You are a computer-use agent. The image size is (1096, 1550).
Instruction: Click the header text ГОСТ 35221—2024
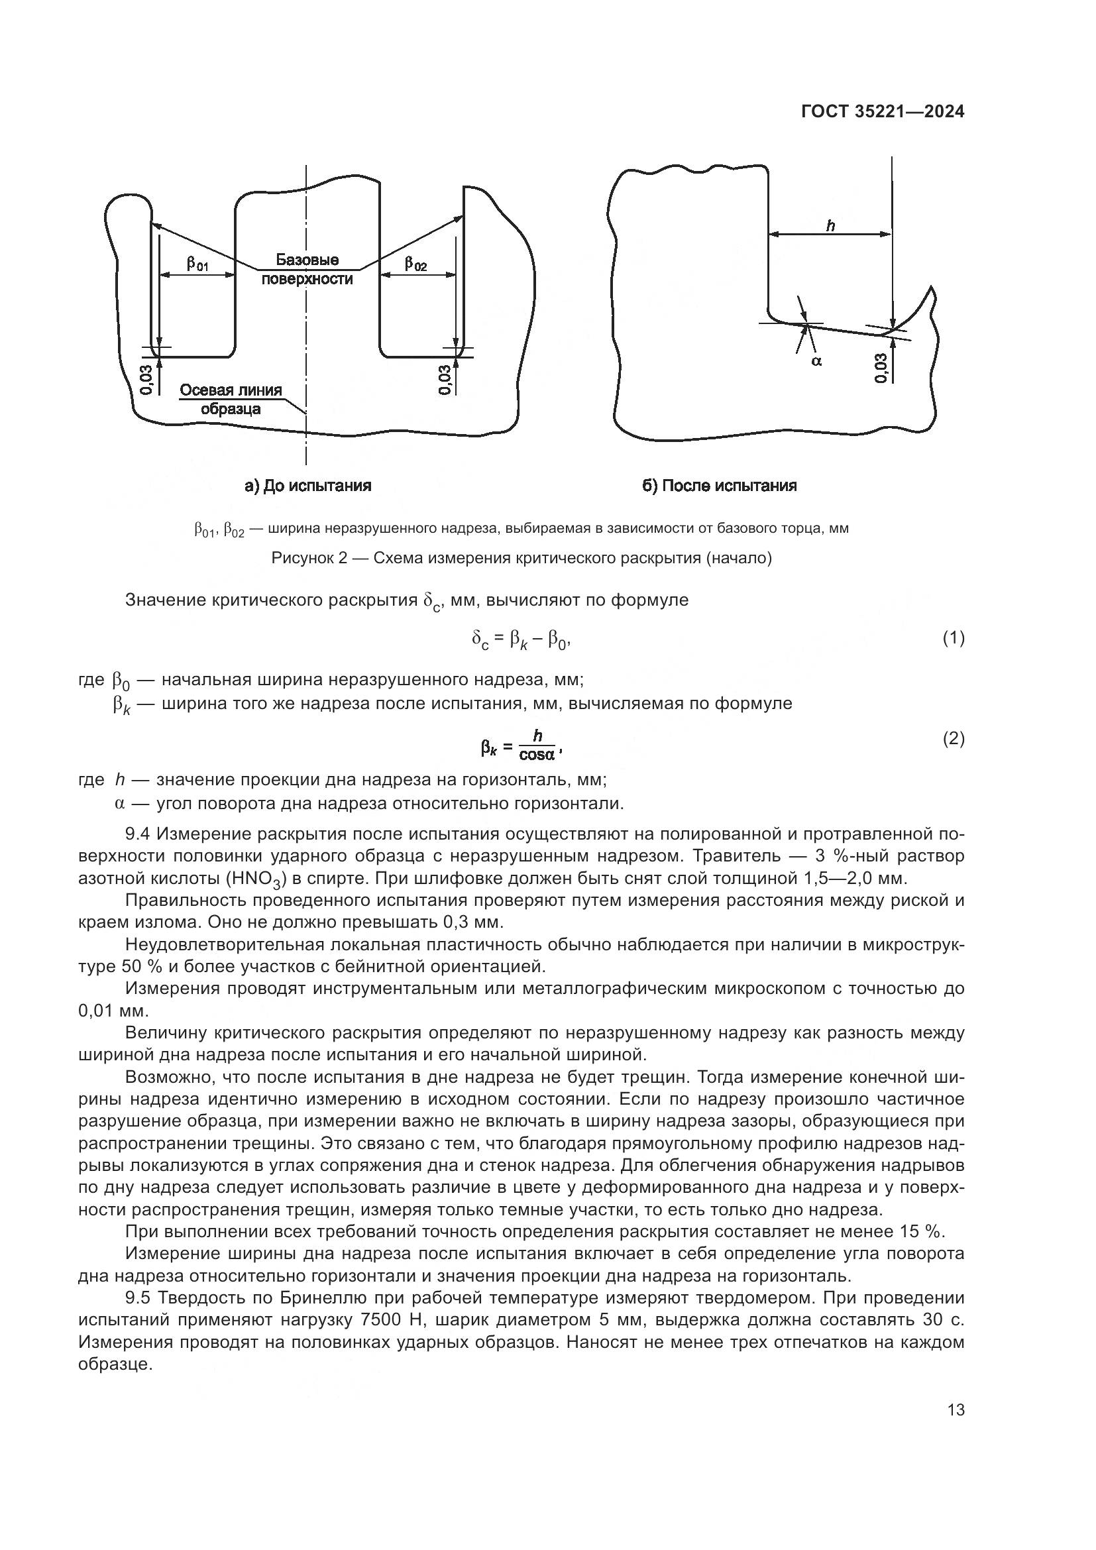click(883, 112)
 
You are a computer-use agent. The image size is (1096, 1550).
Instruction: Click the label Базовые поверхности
click(307, 269)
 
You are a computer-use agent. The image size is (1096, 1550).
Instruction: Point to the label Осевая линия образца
click(231, 399)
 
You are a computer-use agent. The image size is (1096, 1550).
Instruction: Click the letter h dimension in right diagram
click(830, 225)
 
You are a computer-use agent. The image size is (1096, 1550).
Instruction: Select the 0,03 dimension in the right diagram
click(881, 368)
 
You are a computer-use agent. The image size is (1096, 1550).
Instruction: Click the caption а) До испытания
click(307, 485)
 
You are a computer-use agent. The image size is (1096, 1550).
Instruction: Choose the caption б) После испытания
click(720, 485)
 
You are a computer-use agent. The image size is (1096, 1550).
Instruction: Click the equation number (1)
click(954, 638)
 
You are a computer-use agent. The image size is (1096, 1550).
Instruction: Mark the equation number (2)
click(954, 740)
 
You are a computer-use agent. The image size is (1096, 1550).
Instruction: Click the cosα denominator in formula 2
click(537, 753)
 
